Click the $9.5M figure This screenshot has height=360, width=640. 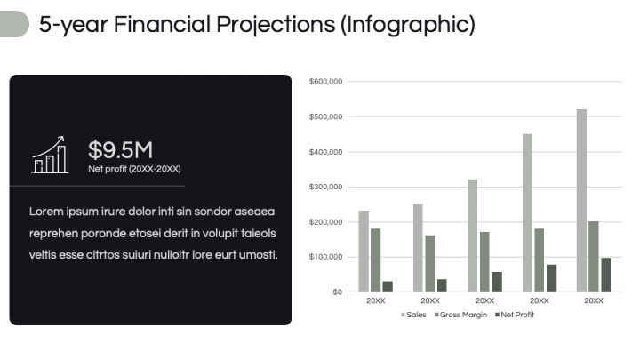pyautogui.click(x=120, y=150)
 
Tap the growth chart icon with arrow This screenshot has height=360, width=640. pyautogui.click(x=50, y=155)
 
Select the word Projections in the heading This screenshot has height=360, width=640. pyautogui.click(x=276, y=25)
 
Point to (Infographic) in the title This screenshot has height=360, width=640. pyautogui.click(x=408, y=25)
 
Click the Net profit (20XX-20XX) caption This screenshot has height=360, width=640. pyautogui.click(x=134, y=169)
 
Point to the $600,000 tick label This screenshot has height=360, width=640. pyautogui.click(x=325, y=82)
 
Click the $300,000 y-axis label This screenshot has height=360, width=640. pyautogui.click(x=325, y=187)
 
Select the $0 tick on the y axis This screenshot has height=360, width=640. pyautogui.click(x=337, y=292)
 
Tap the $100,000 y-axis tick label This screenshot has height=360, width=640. pyautogui.click(x=325, y=257)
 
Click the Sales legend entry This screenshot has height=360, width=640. pyautogui.click(x=413, y=315)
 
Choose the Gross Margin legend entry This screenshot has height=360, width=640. pyautogui.click(x=460, y=315)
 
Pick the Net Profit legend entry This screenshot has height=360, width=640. pyautogui.click(x=515, y=315)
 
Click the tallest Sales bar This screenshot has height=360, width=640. pyautogui.click(x=581, y=200)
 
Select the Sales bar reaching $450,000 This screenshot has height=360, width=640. pyautogui.click(x=527, y=212)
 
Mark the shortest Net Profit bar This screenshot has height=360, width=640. pyautogui.click(x=388, y=286)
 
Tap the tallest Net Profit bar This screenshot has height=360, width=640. pyautogui.click(x=605, y=275)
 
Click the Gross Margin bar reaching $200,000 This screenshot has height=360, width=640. pyautogui.click(x=594, y=256)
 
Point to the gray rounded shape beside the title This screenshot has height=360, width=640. pyautogui.click(x=14, y=24)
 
